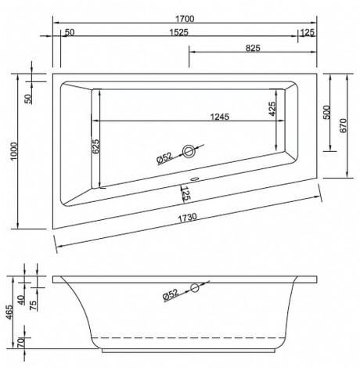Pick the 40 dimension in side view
pyautogui.click(x=33, y=290)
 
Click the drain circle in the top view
pyautogui.click(x=189, y=152)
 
